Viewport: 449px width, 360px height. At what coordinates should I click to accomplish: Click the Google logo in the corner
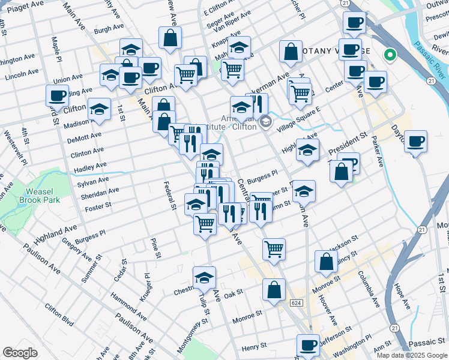coord(20,353)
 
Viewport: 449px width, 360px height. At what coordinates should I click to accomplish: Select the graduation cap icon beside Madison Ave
coord(99,109)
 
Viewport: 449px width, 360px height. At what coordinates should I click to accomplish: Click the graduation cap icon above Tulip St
coord(204,277)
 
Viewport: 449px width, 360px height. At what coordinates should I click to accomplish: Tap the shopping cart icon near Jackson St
coord(274,248)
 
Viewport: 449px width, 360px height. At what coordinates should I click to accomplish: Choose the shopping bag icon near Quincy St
coord(326,262)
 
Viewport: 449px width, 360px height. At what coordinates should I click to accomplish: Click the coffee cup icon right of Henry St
coord(309,345)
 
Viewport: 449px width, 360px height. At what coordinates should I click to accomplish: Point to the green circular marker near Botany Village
coord(390,56)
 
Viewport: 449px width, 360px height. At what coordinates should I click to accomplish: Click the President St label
coord(346,142)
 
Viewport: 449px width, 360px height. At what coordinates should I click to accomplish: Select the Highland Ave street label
coord(55,230)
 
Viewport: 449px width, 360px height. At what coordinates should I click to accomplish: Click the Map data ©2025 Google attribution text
coord(411,355)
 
